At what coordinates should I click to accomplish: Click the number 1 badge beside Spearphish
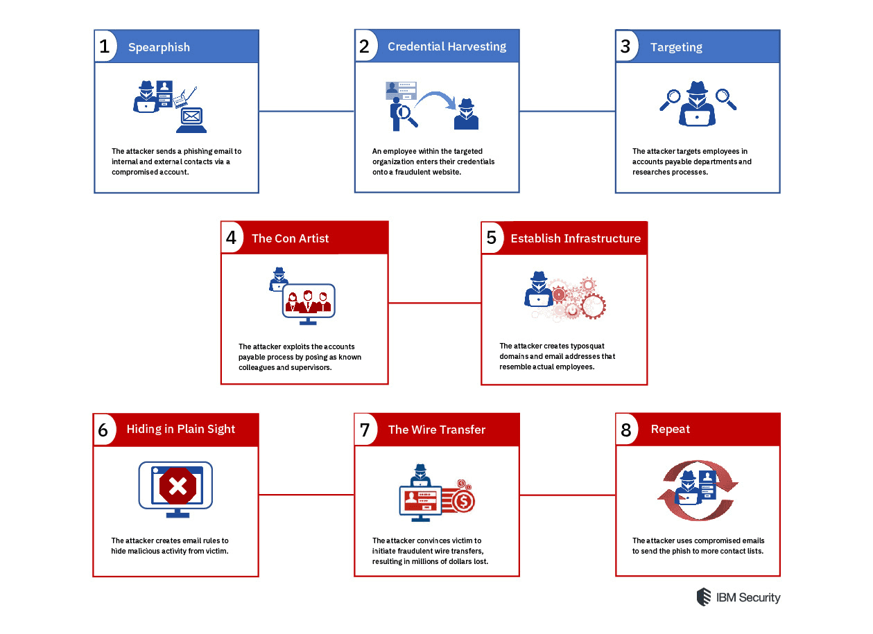(105, 47)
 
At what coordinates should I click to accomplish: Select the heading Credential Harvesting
(447, 47)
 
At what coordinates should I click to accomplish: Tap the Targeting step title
(676, 47)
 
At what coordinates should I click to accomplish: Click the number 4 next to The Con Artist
(232, 238)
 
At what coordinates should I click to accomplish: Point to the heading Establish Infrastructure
(576, 238)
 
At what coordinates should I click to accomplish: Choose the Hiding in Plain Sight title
(181, 430)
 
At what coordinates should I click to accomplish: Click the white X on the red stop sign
(178, 487)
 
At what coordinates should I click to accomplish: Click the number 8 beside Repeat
(625, 430)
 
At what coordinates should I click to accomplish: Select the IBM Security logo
(738, 597)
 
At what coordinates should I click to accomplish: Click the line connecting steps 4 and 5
(434, 303)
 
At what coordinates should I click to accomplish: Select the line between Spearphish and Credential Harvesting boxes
(306, 111)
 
